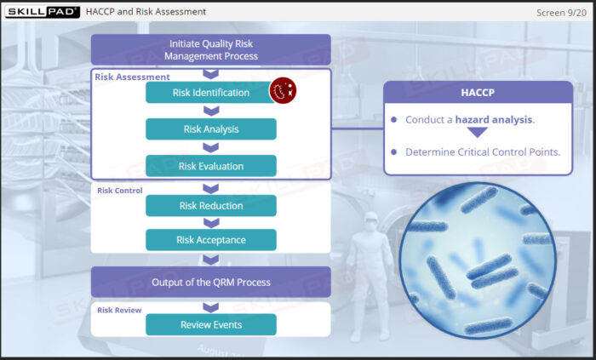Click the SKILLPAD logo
43,12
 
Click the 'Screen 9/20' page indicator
561,13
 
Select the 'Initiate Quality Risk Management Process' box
211,49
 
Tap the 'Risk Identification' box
210,92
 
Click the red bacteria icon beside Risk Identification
283,90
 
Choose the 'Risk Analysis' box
211,129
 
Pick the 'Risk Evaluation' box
211,166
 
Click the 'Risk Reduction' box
211,205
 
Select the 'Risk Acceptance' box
211,240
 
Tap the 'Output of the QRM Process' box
211,282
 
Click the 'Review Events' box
211,325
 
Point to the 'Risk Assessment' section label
132,77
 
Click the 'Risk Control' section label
120,191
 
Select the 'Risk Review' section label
119,311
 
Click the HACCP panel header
478,92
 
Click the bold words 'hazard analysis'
494,120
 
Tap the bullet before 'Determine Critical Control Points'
393,151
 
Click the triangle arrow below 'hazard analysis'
478,133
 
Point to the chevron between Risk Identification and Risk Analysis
211,111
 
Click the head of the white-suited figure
370,220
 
